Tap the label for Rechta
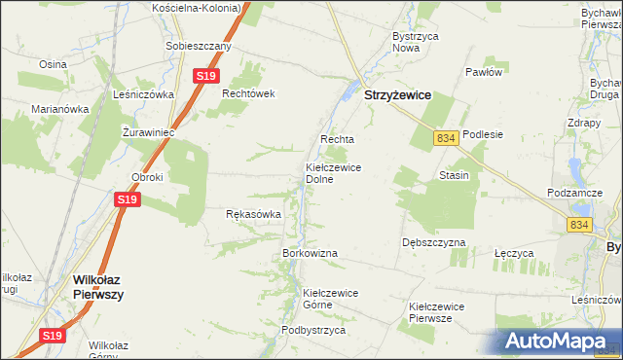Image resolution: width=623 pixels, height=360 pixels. coord(336,139)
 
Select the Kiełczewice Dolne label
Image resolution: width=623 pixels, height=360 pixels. coord(334,173)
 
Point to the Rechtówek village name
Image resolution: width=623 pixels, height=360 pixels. coord(250,93)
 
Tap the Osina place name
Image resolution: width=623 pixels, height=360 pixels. coord(52,63)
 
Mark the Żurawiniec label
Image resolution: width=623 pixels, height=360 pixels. coord(148,131)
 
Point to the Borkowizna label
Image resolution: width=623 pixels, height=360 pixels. coord(310,253)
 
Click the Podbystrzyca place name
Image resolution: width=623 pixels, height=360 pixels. coord(313,330)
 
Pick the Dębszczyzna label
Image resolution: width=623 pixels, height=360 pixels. coord(433,242)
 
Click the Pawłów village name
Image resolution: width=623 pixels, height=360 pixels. coord(483,72)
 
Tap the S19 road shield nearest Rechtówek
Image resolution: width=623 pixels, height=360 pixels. coord(204,76)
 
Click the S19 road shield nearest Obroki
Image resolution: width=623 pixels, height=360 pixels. coord(128,199)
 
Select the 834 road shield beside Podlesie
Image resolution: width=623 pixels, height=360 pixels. coord(446,139)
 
